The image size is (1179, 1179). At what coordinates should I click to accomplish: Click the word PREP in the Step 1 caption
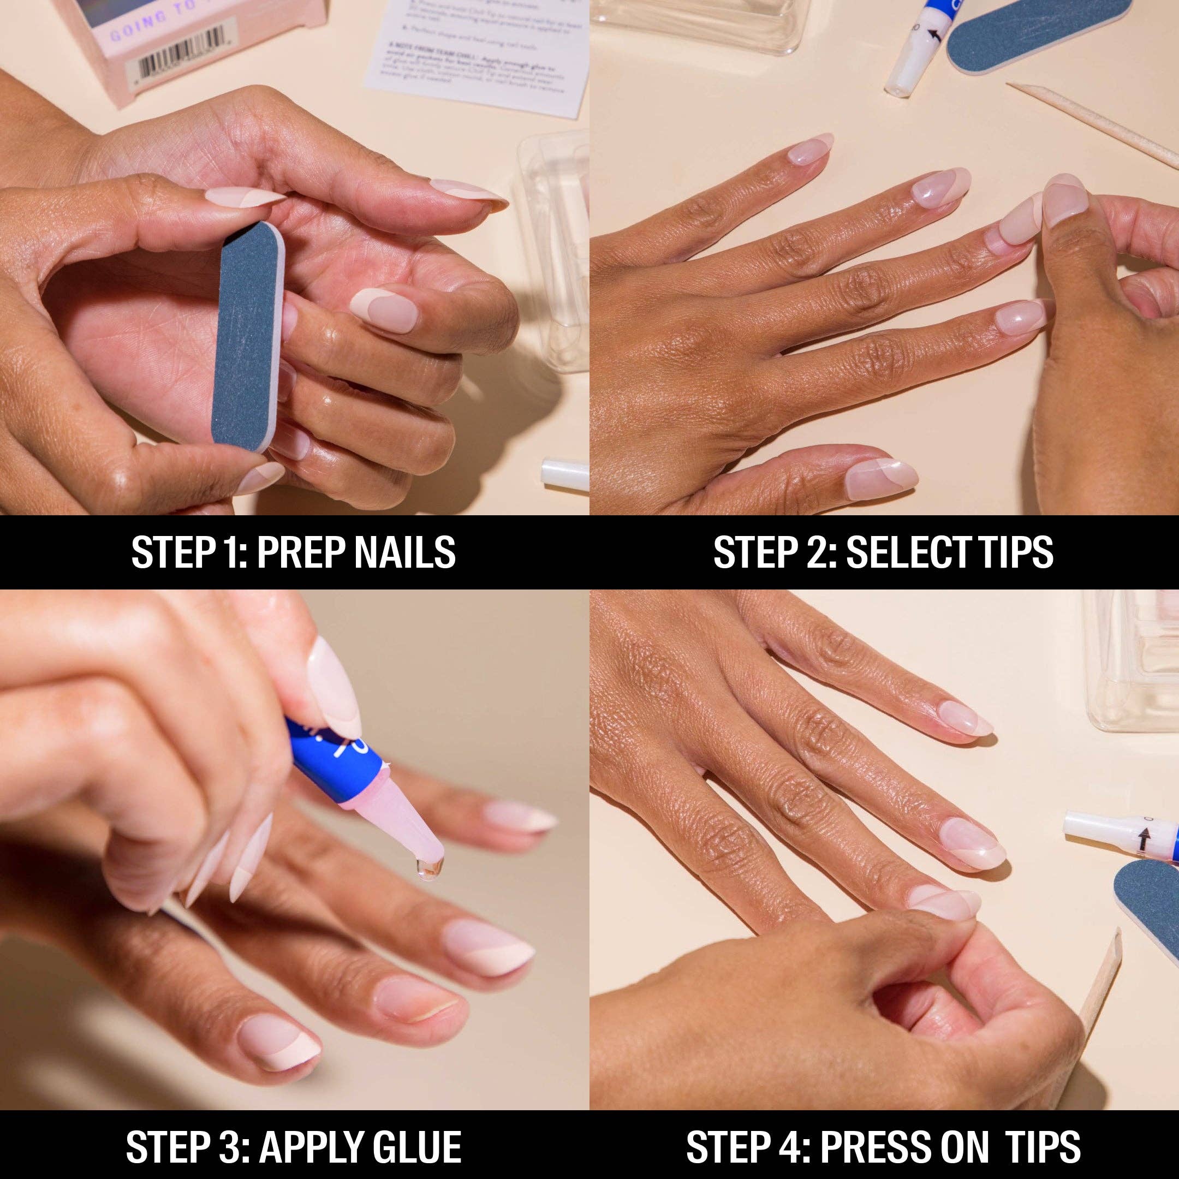(300, 553)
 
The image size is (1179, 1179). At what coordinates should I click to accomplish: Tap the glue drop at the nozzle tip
(428, 869)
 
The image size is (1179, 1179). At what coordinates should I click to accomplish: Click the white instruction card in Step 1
(476, 55)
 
